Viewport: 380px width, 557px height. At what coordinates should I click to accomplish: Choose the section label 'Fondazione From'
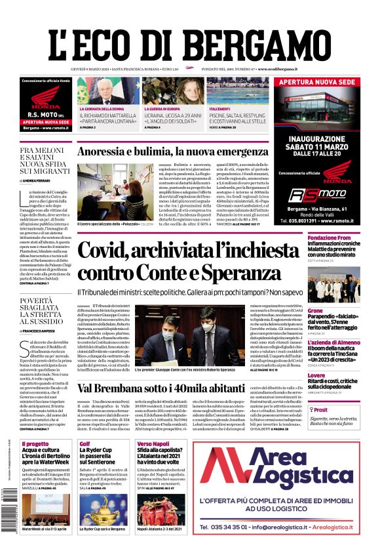330,237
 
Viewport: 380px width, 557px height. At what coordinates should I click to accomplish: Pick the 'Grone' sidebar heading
315,310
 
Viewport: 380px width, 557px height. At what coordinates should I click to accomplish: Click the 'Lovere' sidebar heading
316,375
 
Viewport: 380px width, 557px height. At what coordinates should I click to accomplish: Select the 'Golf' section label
85,444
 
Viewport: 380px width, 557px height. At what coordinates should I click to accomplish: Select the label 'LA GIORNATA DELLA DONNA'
102,108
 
